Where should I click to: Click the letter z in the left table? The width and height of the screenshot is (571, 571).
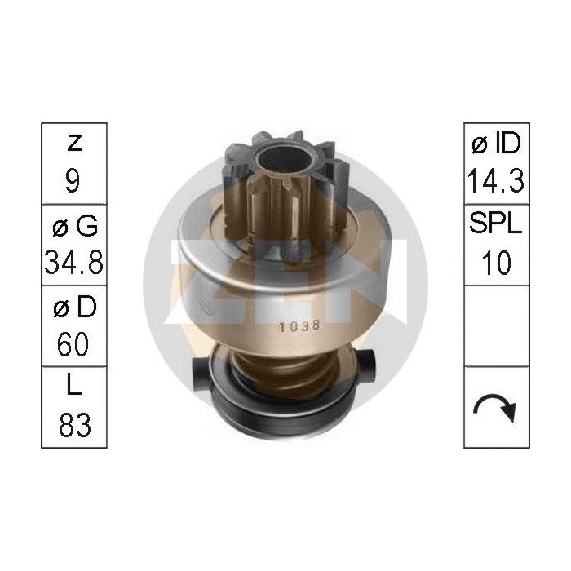tap(73, 144)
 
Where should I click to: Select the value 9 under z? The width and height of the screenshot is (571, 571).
tap(73, 180)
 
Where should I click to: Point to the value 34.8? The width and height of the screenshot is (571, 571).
tap(73, 262)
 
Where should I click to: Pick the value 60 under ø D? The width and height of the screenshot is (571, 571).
tap(73, 343)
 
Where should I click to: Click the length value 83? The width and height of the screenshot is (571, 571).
tap(73, 425)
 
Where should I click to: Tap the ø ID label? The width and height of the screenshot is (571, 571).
tap(496, 144)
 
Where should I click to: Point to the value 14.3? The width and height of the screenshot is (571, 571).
tap(496, 180)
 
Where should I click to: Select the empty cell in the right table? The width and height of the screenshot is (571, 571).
tap(496, 325)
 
